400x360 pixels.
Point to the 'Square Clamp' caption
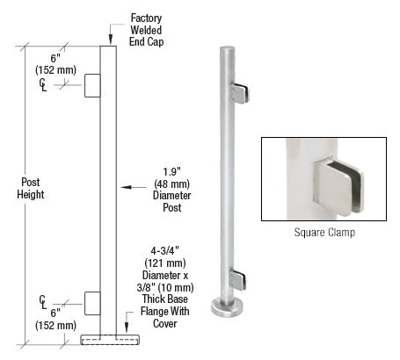326,234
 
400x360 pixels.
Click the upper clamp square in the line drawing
92,85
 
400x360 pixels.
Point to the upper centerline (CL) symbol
43,83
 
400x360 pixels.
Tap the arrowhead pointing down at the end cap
110,40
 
